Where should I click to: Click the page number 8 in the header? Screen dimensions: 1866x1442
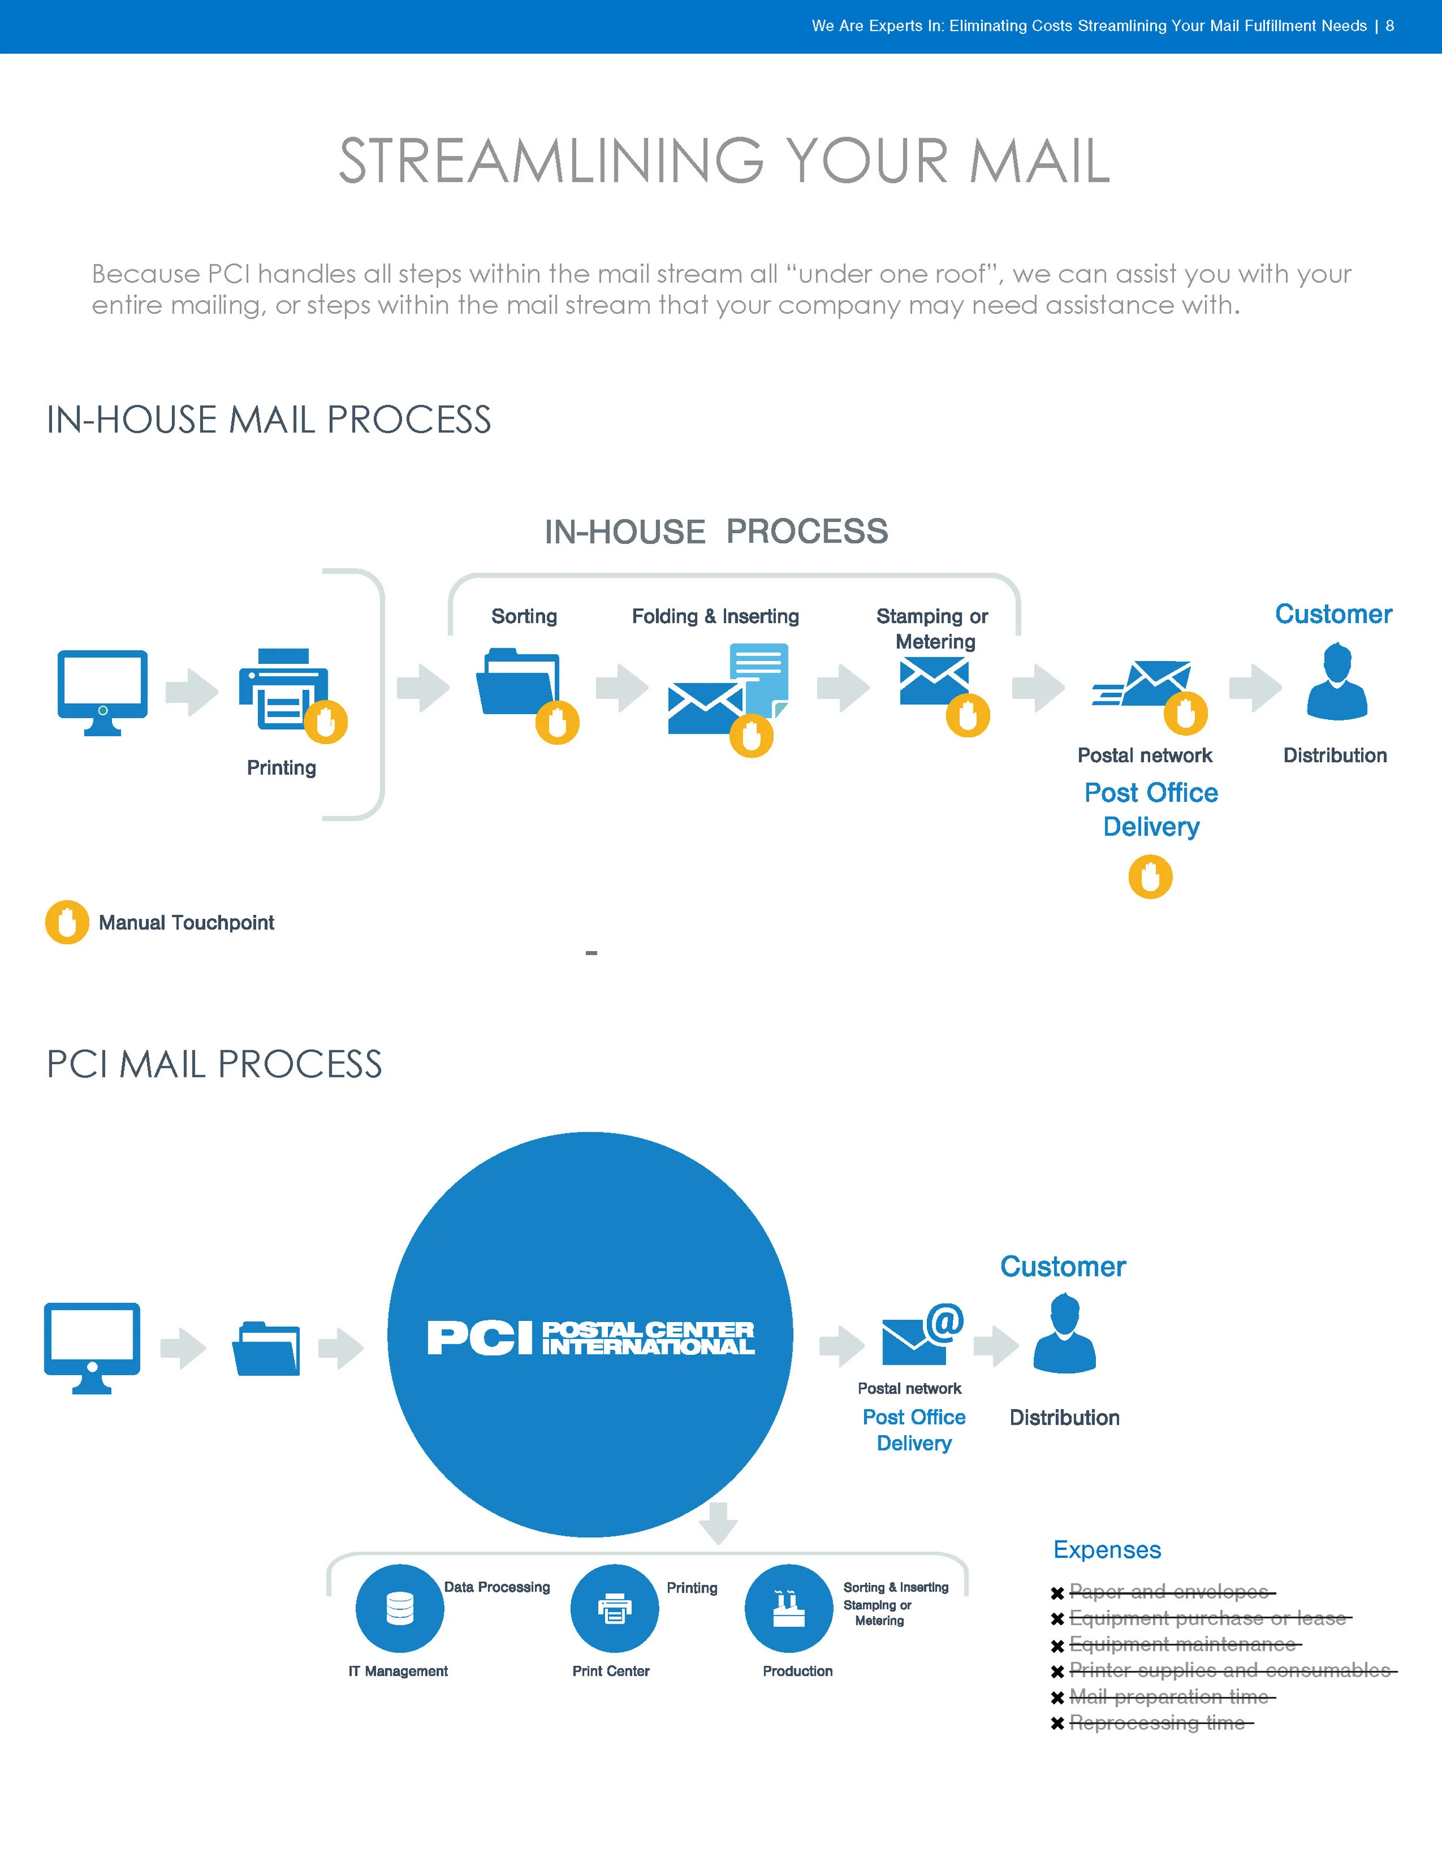pyautogui.click(x=1390, y=25)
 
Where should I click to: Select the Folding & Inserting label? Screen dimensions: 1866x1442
pyautogui.click(x=715, y=616)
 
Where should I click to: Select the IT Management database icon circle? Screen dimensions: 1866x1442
pyautogui.click(x=400, y=1608)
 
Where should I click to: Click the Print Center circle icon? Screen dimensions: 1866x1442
pyautogui.click(x=614, y=1608)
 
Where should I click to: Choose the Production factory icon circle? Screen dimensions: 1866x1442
pyautogui.click(x=788, y=1608)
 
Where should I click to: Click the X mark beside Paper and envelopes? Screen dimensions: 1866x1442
pyautogui.click(x=1057, y=1593)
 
